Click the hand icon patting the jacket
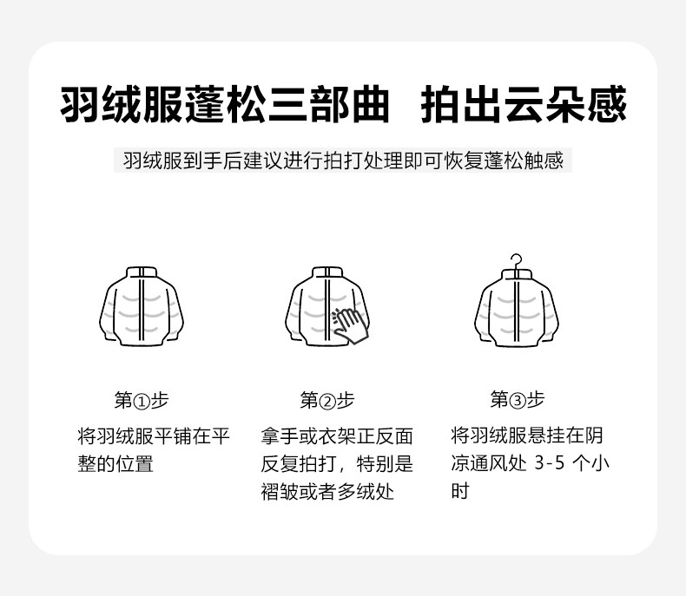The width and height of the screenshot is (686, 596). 351,325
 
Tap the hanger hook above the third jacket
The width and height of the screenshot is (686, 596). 517,261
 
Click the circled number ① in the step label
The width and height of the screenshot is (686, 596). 142,401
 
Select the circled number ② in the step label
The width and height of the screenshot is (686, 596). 327,401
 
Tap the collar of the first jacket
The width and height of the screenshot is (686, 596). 142,272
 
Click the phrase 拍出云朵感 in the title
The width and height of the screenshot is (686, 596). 524,104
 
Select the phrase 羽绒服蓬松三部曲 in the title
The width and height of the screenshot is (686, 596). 224,104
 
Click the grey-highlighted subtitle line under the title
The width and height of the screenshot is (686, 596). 342,160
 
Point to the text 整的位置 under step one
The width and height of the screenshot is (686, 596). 115,464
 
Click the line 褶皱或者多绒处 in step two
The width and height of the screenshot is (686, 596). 327,492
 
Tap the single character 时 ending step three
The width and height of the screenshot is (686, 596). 460,491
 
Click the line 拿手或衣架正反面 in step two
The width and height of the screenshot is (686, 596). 337,436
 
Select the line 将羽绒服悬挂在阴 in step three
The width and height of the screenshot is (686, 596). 527,436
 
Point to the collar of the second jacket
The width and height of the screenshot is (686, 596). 327,272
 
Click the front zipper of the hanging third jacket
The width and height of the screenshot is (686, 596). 517,311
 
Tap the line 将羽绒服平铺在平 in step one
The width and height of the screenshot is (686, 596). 154,436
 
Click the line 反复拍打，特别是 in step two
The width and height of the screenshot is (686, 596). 337,464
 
